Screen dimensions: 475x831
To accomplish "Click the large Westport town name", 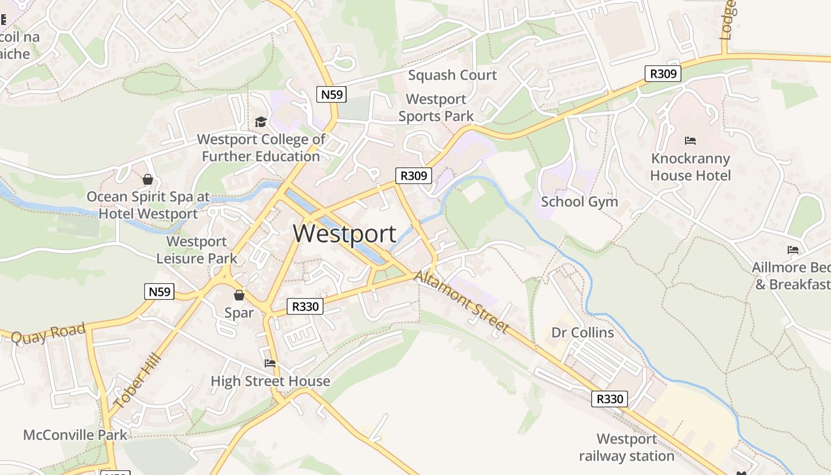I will tap(344, 233).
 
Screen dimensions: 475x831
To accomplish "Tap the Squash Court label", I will tap(452, 75).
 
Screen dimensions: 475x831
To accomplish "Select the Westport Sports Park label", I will tap(436, 107).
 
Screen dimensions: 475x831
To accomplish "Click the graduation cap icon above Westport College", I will tap(261, 122).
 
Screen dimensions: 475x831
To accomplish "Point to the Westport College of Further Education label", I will tap(261, 148).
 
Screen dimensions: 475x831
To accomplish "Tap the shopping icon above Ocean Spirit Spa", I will tap(148, 179).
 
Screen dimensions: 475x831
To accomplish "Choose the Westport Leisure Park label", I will tap(196, 250).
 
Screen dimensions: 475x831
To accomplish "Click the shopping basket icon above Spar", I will tap(239, 294).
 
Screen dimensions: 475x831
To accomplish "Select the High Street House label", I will tap(270, 381).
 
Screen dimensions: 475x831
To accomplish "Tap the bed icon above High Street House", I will tap(270, 363).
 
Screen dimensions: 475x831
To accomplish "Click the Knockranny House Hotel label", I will tap(690, 167).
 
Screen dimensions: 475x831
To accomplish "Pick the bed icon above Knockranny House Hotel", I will tap(690, 141).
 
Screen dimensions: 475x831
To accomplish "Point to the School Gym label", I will tap(579, 202).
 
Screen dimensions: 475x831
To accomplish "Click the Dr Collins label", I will tap(582, 332).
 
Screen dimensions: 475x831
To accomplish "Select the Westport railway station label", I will tap(627, 448).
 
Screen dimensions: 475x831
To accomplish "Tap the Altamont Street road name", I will tap(462, 302).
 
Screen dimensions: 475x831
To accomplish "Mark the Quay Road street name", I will tap(48, 334).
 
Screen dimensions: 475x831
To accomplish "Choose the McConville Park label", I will tap(75, 435).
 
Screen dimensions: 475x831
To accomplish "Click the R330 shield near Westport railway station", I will tap(610, 399).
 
